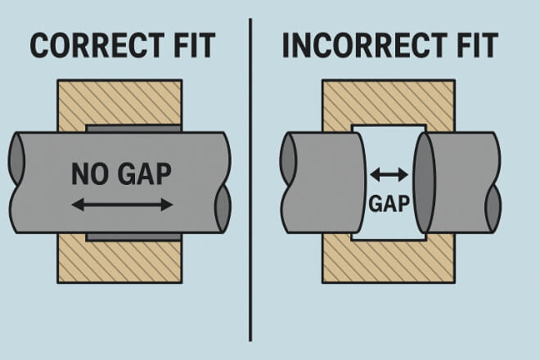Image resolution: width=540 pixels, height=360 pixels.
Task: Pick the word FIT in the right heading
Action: pyautogui.click(x=473, y=46)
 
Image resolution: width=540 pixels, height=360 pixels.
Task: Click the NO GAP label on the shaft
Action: pyautogui.click(x=122, y=173)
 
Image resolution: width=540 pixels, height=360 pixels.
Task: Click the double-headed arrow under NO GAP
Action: pyautogui.click(x=122, y=204)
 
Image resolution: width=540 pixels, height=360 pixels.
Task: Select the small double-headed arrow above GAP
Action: pyautogui.click(x=389, y=173)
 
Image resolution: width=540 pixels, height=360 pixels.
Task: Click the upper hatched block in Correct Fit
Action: pyautogui.click(x=119, y=101)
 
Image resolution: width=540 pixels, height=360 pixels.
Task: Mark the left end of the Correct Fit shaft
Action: pyautogui.click(x=17, y=182)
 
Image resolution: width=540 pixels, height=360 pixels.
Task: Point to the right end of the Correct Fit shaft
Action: pyautogui.click(x=222, y=182)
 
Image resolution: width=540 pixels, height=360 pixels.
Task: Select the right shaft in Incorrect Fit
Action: pyautogui.click(x=462, y=182)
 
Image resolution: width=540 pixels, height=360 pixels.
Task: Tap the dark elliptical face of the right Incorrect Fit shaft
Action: pyautogui.click(x=425, y=182)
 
